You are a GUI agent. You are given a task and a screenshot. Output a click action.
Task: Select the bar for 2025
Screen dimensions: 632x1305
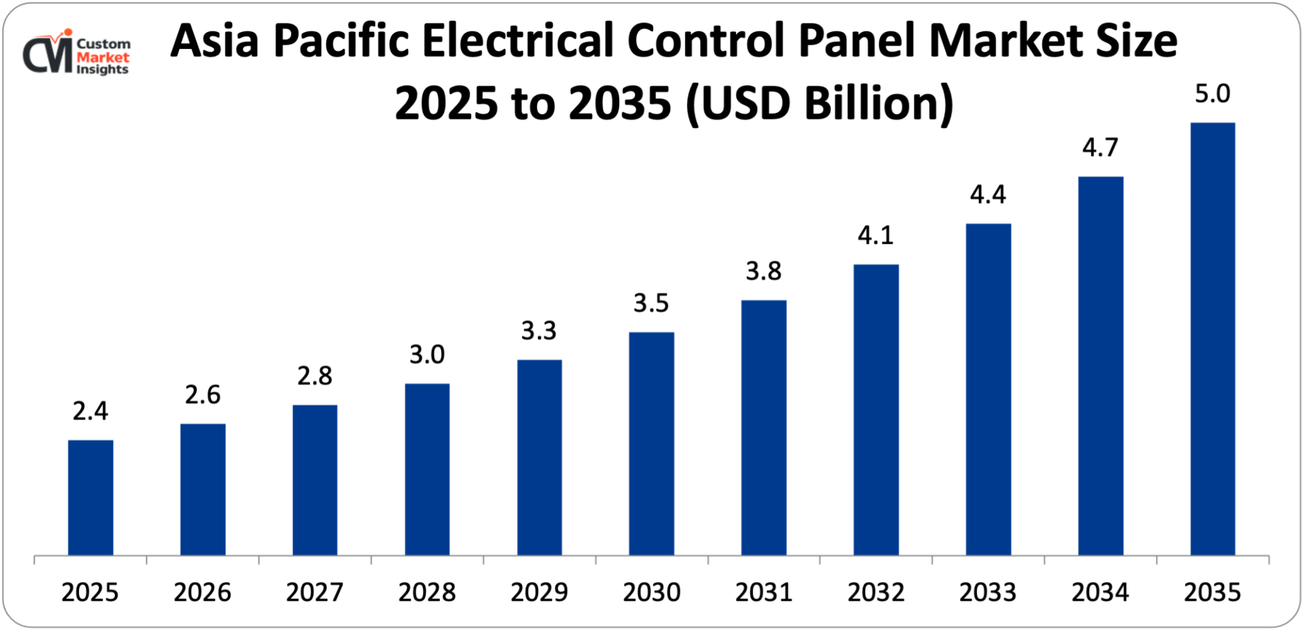(90, 497)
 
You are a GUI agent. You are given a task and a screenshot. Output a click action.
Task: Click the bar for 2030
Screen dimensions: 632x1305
(651, 444)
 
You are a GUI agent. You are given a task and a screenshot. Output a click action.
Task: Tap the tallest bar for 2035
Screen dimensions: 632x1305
(1212, 339)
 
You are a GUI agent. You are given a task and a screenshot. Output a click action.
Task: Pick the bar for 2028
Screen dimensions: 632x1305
(427, 470)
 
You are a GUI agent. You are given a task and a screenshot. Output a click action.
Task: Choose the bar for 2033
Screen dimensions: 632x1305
(988, 389)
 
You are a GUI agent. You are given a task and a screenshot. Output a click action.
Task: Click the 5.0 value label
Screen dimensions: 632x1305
(1212, 95)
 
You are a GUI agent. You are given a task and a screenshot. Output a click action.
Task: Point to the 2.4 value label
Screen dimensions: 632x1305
(90, 411)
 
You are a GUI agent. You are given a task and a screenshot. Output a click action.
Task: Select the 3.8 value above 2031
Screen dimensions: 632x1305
(763, 271)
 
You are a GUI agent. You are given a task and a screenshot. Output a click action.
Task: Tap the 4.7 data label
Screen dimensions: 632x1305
(1100, 148)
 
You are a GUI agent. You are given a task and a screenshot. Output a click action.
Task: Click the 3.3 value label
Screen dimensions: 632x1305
(539, 331)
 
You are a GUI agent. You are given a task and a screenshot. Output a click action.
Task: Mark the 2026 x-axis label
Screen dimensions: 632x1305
(202, 592)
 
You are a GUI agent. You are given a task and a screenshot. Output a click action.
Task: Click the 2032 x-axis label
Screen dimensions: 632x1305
(876, 592)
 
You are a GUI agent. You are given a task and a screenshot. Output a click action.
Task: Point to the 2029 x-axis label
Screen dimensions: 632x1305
(539, 592)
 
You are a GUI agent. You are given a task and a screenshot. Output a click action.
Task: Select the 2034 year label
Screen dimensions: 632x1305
(1100, 592)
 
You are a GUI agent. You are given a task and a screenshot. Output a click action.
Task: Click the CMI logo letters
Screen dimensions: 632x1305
(48, 55)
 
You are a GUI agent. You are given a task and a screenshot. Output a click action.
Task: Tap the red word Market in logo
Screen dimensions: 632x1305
(103, 57)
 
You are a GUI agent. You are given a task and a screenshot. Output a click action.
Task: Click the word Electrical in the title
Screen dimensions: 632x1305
(519, 40)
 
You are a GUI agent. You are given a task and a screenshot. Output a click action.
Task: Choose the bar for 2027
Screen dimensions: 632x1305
(315, 480)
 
